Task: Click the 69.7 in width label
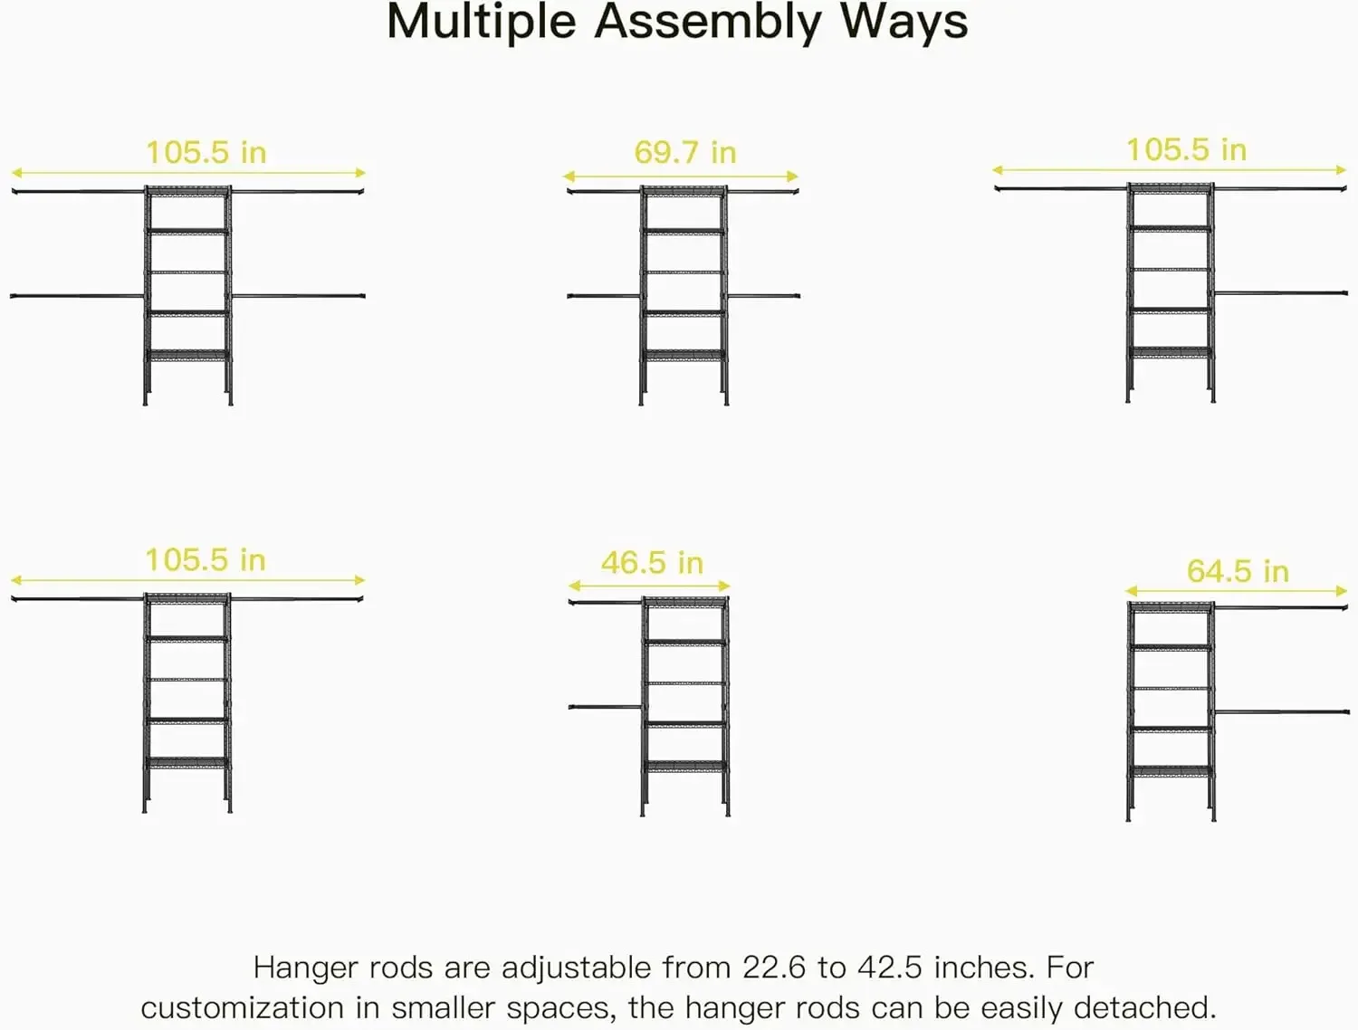coord(684,152)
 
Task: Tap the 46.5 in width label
coord(652,563)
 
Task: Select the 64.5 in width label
coord(1238,571)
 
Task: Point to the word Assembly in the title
coord(707,24)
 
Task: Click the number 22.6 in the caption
coord(774,967)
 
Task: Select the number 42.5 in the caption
coord(890,967)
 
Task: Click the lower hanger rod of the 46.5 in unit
coord(605,707)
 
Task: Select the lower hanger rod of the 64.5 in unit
coord(1281,712)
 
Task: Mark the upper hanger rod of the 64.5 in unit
coord(1281,607)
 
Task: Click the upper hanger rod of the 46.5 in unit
coord(605,602)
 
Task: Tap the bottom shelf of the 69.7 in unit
coord(684,355)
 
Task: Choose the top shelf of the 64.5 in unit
coord(1171,607)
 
